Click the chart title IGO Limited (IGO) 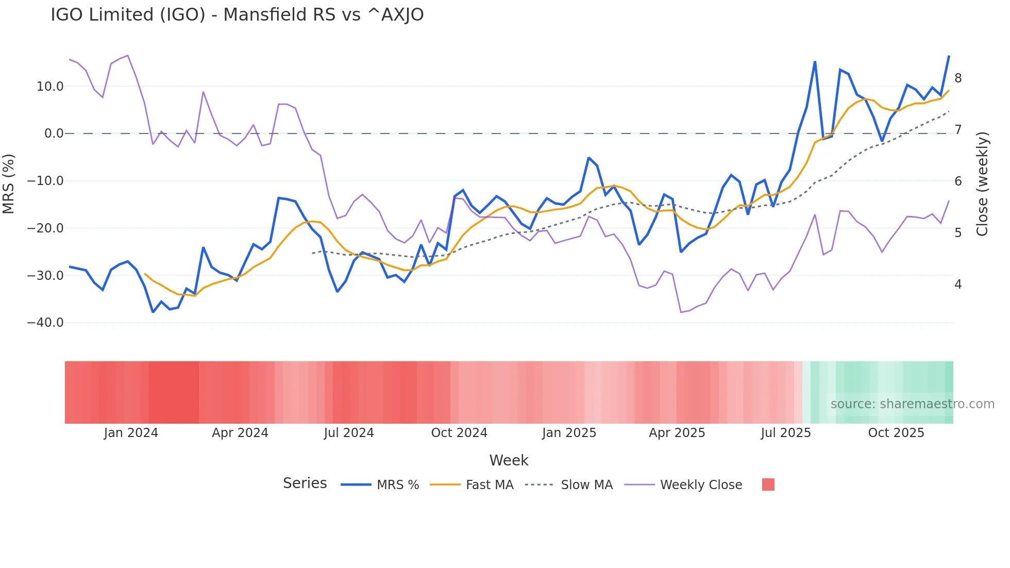coord(237,15)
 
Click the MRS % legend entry coord(397,485)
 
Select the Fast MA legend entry coord(489,485)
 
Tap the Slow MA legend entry coord(586,485)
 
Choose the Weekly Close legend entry coord(701,485)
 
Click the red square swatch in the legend coord(768,485)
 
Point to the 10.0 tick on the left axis coord(50,87)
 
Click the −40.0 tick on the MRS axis coord(45,323)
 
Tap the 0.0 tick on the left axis coord(54,133)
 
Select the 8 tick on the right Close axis coord(958,78)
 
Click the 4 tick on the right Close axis coord(958,285)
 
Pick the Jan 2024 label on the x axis coord(131,433)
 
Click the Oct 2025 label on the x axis coord(896,433)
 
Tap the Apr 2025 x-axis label coord(677,433)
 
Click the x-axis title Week coord(509,460)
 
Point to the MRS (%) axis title coord(9,184)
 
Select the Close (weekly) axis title coord(982,184)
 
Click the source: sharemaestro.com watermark coord(912,404)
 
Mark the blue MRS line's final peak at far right coord(949,56)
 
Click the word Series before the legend coord(305,483)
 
